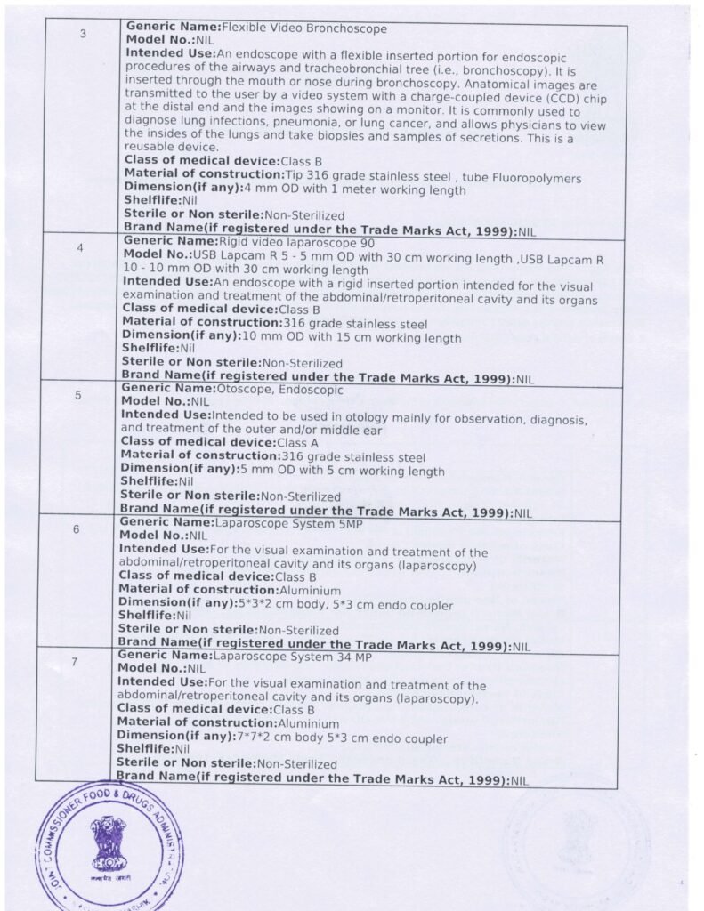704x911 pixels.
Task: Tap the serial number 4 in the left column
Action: [80, 248]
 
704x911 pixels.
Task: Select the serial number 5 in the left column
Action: [78, 396]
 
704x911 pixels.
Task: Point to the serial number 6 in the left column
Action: [77, 529]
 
